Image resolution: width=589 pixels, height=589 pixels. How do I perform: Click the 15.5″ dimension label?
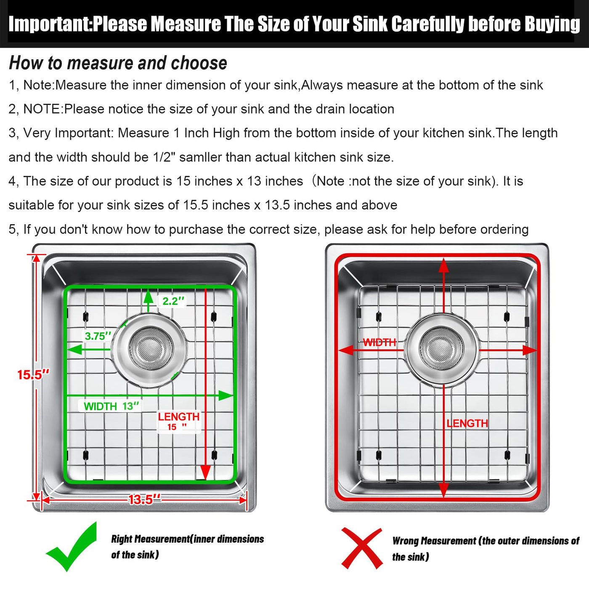click(33, 375)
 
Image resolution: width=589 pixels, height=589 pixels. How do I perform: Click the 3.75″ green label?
click(98, 336)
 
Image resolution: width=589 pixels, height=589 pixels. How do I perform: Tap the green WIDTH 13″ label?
click(111, 406)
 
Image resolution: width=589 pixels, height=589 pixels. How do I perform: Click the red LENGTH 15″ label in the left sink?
click(178, 421)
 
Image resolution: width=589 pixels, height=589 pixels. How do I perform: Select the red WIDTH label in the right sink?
click(379, 342)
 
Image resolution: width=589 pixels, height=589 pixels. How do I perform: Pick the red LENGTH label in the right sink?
click(467, 423)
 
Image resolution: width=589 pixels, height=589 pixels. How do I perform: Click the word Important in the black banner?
click(50, 24)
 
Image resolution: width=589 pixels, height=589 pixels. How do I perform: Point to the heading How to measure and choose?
click(118, 63)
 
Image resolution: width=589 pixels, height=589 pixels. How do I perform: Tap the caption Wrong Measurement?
click(434, 541)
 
